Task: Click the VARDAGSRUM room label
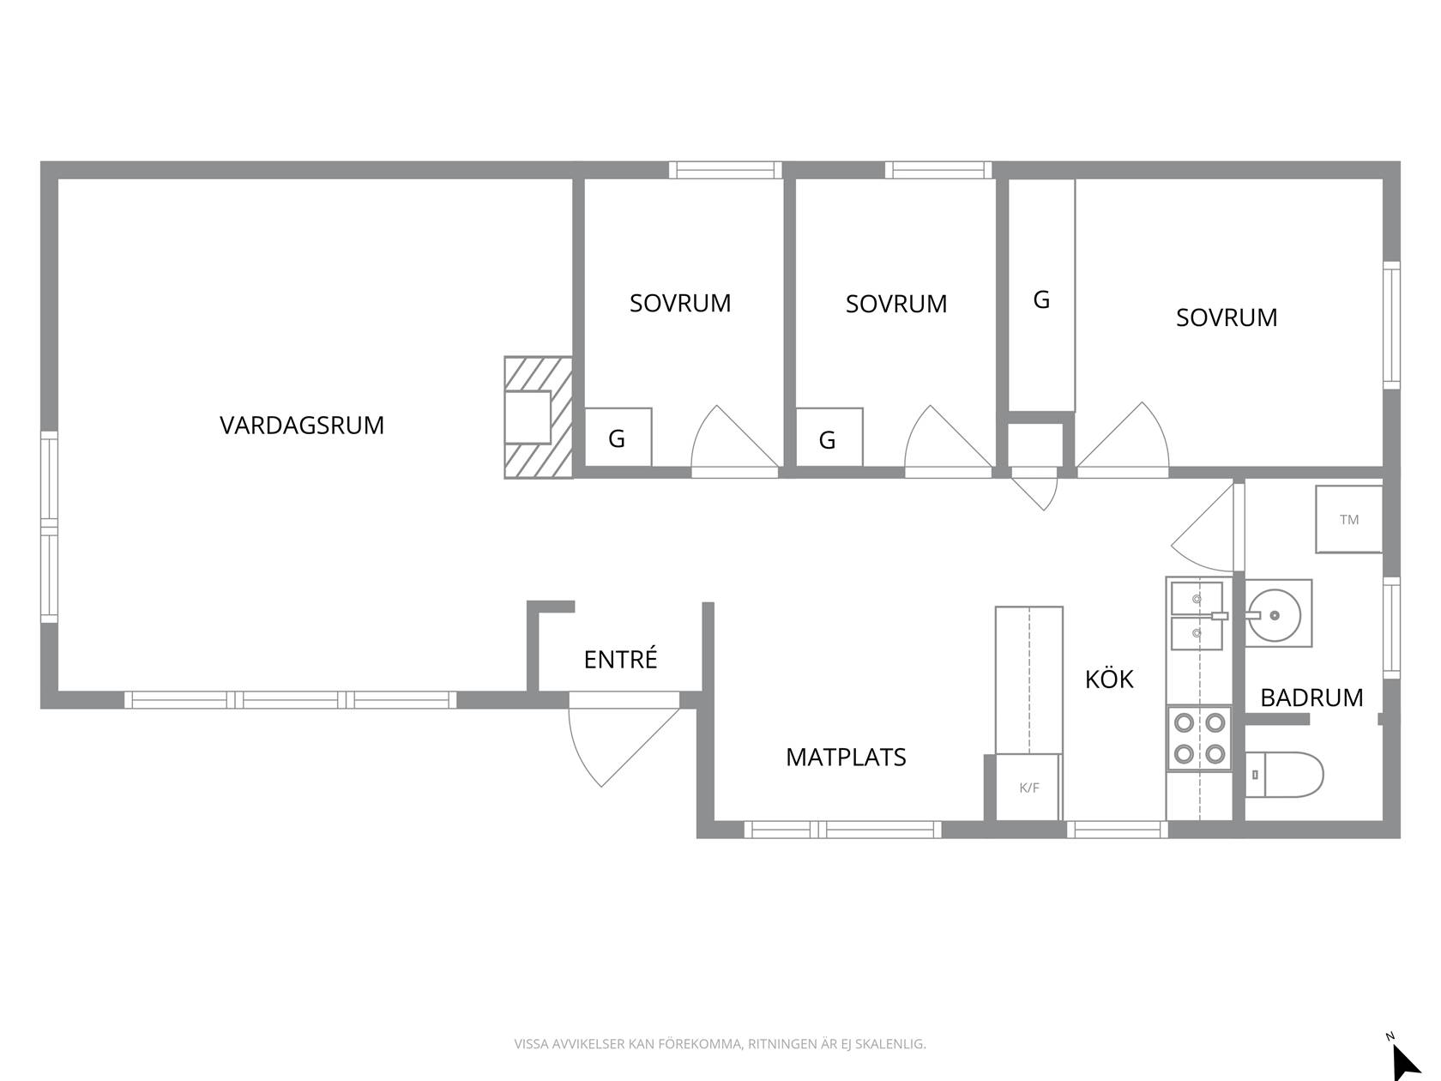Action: tap(301, 426)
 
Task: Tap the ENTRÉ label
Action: tap(620, 658)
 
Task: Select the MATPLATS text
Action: tap(846, 758)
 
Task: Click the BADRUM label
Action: tap(1311, 698)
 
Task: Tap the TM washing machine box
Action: tap(1349, 519)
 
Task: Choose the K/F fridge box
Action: tap(1028, 787)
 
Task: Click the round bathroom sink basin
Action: tap(1275, 615)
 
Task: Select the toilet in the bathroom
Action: tap(1283, 775)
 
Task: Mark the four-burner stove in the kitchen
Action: tap(1199, 739)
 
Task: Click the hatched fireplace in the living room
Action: tap(538, 418)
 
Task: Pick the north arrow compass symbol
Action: tap(1406, 1056)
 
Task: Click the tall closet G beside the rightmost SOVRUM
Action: tap(1041, 295)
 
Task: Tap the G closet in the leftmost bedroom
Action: tap(618, 438)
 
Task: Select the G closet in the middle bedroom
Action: tap(829, 438)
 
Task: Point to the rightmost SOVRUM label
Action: tap(1227, 317)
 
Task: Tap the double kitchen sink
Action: tap(1197, 616)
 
